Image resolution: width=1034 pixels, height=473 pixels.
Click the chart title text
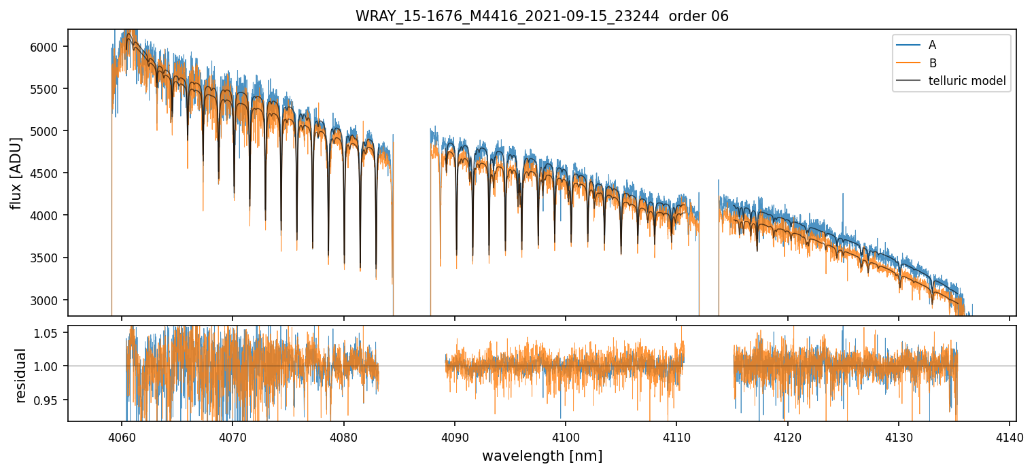pos(542,16)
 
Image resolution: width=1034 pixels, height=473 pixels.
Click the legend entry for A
pos(932,45)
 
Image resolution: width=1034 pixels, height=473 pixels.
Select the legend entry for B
pos(932,63)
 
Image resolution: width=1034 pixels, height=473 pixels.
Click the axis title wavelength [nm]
pos(542,456)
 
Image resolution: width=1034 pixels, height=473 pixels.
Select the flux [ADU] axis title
pos(16,173)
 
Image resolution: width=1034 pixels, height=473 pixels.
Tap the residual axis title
pos(21,375)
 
